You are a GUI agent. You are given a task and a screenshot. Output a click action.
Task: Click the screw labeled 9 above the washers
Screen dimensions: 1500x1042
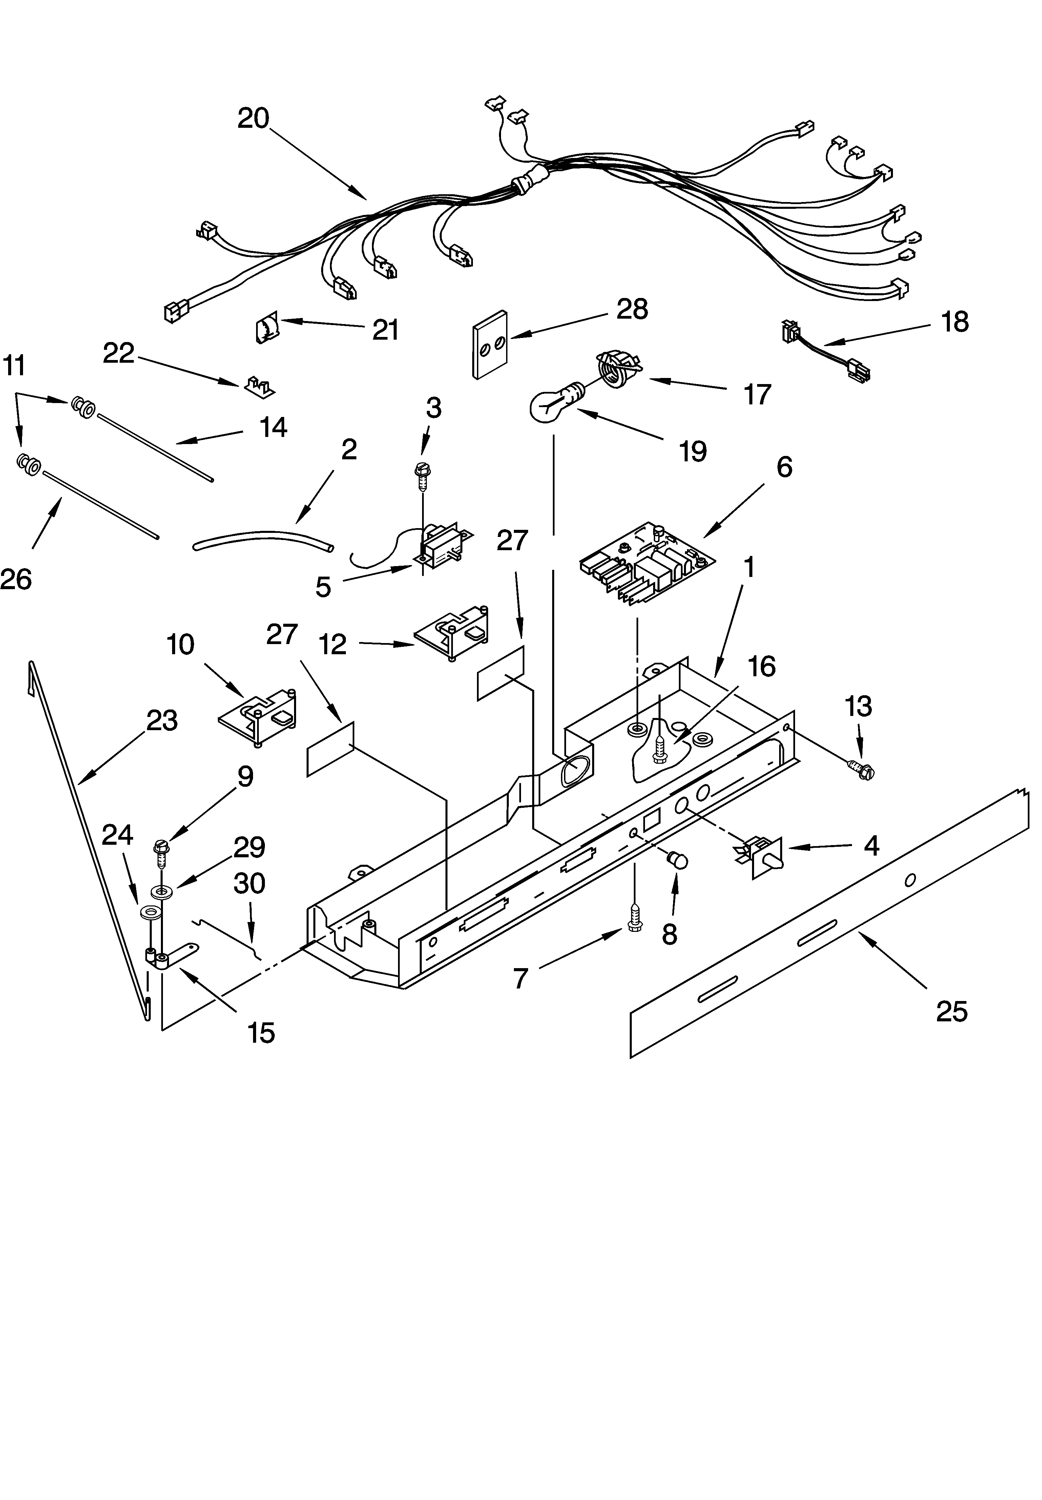pyautogui.click(x=161, y=850)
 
